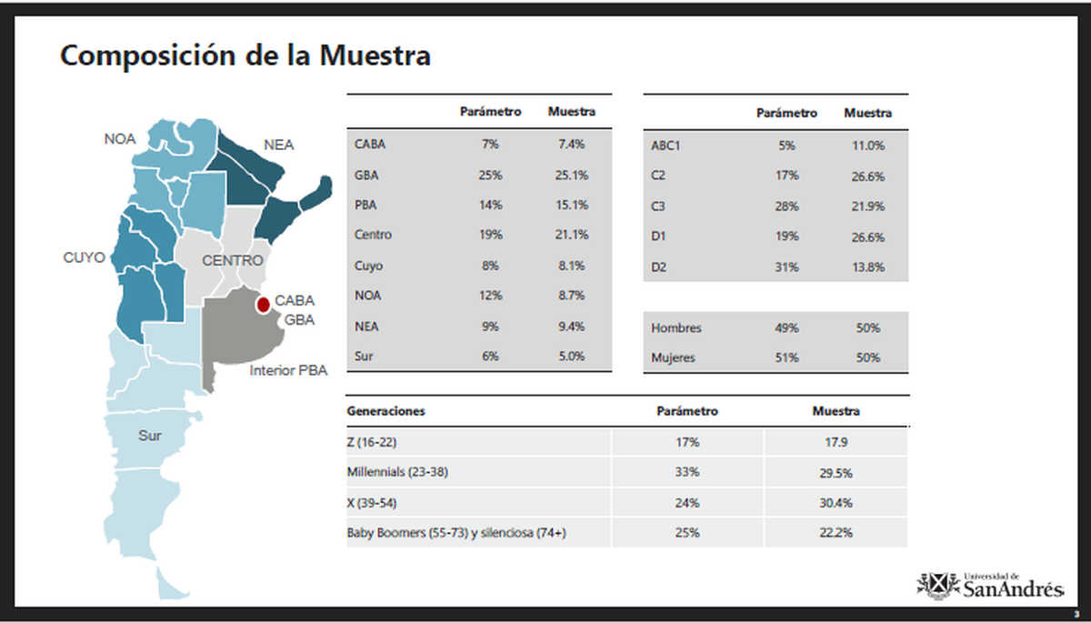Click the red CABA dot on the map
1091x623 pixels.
pos(263,304)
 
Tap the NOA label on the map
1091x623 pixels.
pos(119,139)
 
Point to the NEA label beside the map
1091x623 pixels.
pos(279,145)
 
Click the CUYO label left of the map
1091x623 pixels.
pos(84,256)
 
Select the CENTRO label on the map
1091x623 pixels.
pos(233,261)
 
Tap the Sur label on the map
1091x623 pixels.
pos(150,436)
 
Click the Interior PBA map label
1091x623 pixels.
pos(288,370)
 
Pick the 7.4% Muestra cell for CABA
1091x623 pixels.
pos(571,144)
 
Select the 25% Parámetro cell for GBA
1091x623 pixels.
pos(490,175)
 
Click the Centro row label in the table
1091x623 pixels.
pos(373,235)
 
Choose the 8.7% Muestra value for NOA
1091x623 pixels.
pos(571,296)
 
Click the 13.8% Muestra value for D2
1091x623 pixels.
pos(867,266)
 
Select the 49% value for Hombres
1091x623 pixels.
pos(786,327)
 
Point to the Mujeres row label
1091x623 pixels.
pos(673,357)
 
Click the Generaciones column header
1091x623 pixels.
pos(385,411)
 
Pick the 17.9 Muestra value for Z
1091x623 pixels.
pos(835,443)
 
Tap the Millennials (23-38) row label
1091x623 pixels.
pos(397,473)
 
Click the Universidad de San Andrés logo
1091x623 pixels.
pos(990,585)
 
